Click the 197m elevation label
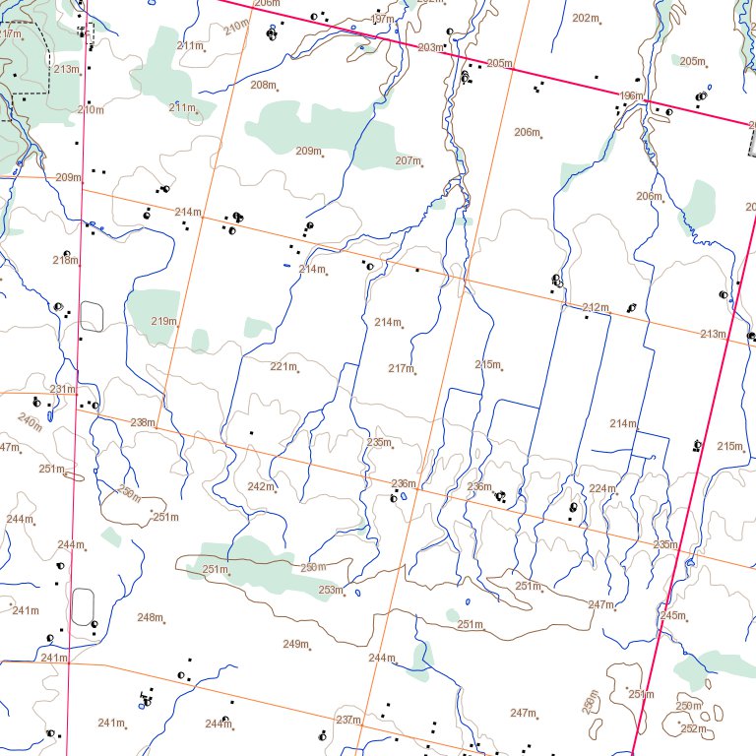tap(382, 20)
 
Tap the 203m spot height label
tap(429, 47)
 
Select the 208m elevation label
tap(262, 85)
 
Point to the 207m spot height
tap(408, 160)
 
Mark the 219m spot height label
tap(163, 321)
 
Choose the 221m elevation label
tap(283, 366)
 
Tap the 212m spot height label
tap(595, 308)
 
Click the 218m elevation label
tap(65, 260)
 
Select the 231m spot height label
tap(63, 389)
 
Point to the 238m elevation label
tap(143, 422)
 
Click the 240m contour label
tap(30, 422)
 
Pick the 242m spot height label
tap(260, 486)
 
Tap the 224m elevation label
tap(601, 488)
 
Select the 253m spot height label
tap(330, 590)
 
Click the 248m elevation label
tap(150, 617)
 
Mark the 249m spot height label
tap(295, 644)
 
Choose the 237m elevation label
tap(347, 720)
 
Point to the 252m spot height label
tap(693, 728)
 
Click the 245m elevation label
tap(672, 615)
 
